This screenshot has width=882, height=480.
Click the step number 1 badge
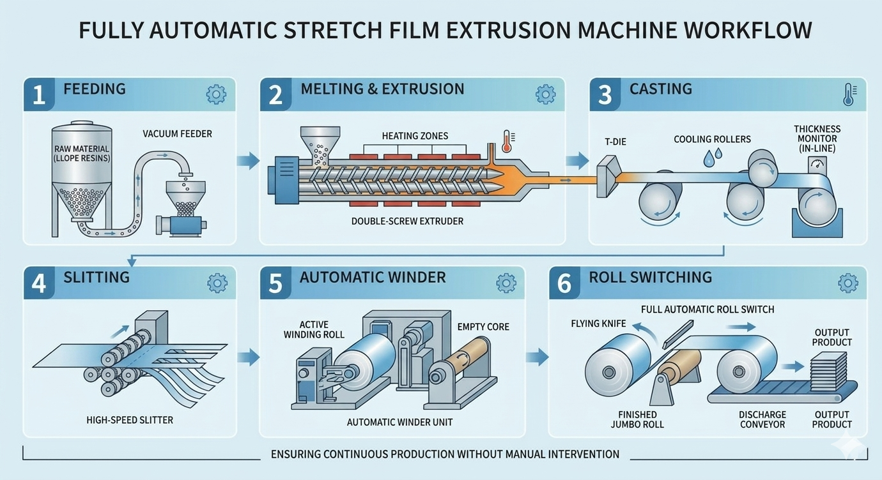tap(39, 94)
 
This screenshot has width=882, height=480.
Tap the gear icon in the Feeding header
tap(216, 94)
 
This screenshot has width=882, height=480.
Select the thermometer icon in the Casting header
tap(849, 94)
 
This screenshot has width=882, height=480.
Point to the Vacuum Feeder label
tap(177, 134)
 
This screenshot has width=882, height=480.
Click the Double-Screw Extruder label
tap(407, 221)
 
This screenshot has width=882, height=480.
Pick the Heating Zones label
tap(415, 135)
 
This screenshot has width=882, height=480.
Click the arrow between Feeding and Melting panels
tap(248, 160)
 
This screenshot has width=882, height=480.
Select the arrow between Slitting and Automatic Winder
tap(248, 356)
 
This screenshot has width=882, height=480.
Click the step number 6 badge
tap(564, 283)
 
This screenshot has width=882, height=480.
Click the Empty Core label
tap(483, 326)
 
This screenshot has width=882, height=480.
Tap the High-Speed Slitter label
tap(130, 420)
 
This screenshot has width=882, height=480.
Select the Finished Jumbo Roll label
tap(637, 419)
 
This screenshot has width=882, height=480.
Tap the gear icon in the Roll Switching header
tap(847, 283)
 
